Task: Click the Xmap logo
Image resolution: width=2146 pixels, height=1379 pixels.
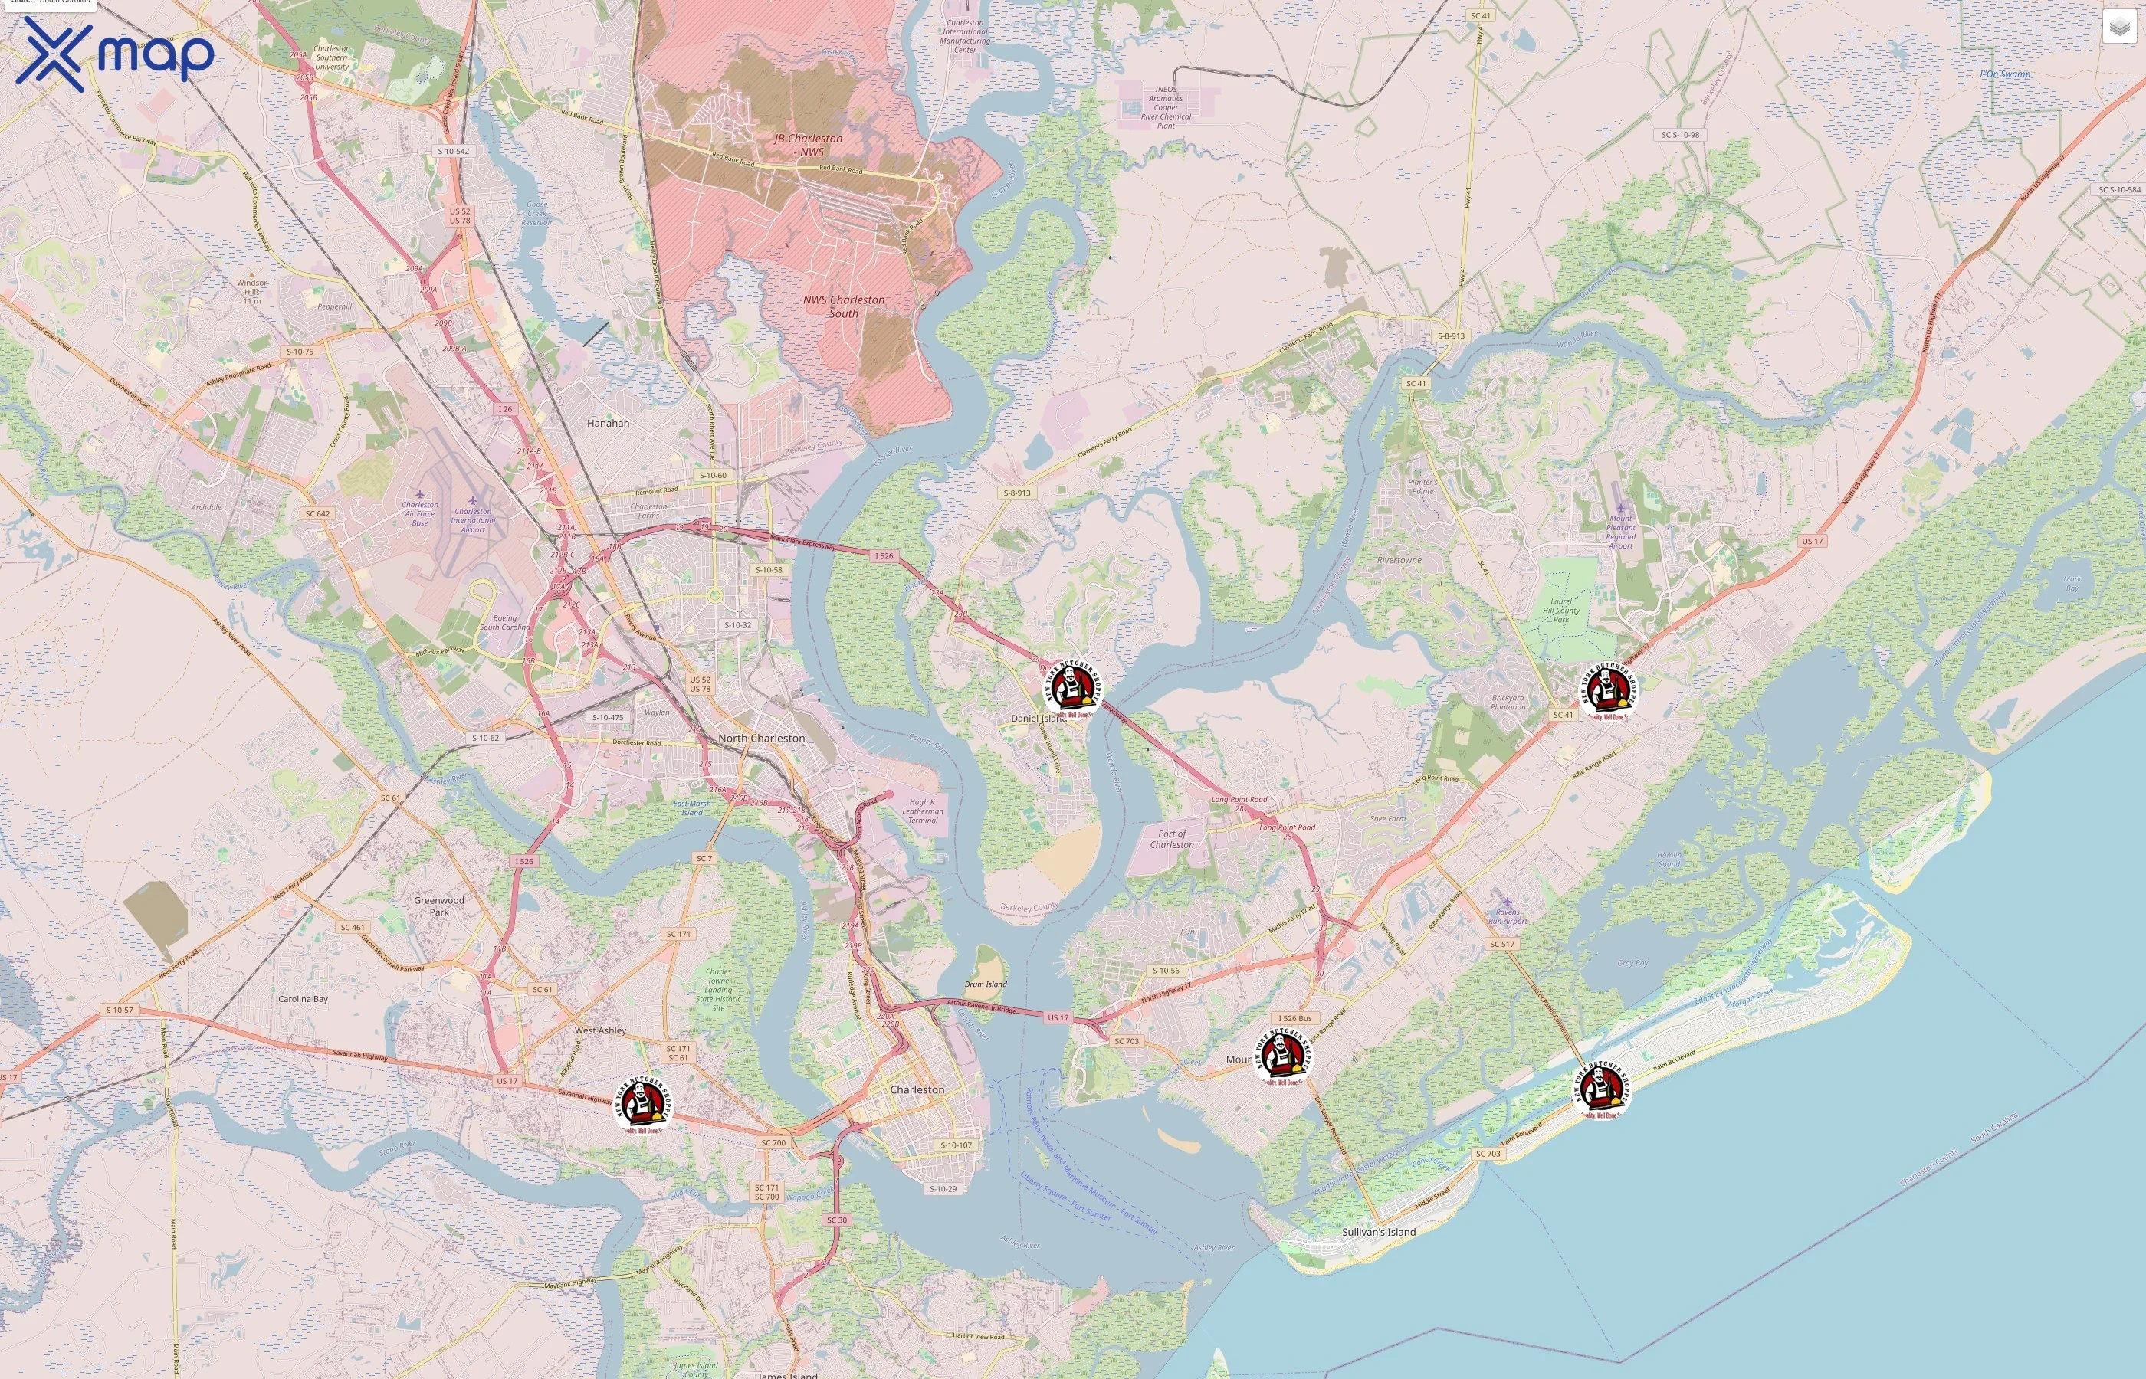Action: click(x=115, y=54)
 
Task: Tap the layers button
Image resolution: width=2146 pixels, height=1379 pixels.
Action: click(x=2118, y=28)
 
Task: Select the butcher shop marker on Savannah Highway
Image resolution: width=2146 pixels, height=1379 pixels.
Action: click(x=642, y=1103)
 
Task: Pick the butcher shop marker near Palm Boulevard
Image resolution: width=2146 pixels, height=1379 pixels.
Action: click(x=1601, y=1088)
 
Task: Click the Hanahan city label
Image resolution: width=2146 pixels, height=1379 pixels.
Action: click(x=608, y=423)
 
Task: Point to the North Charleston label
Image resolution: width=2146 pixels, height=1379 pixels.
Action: click(x=761, y=738)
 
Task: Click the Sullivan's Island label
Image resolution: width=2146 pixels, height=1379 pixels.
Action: click(x=1378, y=1232)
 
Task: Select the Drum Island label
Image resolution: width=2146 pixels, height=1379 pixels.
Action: click(x=985, y=984)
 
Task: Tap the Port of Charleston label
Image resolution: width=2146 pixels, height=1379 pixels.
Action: click(x=1172, y=839)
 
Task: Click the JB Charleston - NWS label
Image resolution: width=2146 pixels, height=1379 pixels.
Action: click(x=809, y=145)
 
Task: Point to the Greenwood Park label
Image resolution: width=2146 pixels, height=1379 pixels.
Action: click(x=439, y=906)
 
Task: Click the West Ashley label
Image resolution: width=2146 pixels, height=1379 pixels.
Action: click(x=600, y=1030)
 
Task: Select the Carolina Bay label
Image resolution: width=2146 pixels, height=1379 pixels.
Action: click(x=303, y=998)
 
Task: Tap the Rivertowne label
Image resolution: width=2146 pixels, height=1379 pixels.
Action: click(x=1399, y=561)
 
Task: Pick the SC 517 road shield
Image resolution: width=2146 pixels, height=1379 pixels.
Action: click(x=1502, y=944)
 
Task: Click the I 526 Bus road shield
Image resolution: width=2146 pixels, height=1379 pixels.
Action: click(x=1295, y=1018)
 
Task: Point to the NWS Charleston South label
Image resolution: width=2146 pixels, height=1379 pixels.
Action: click(x=844, y=306)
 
